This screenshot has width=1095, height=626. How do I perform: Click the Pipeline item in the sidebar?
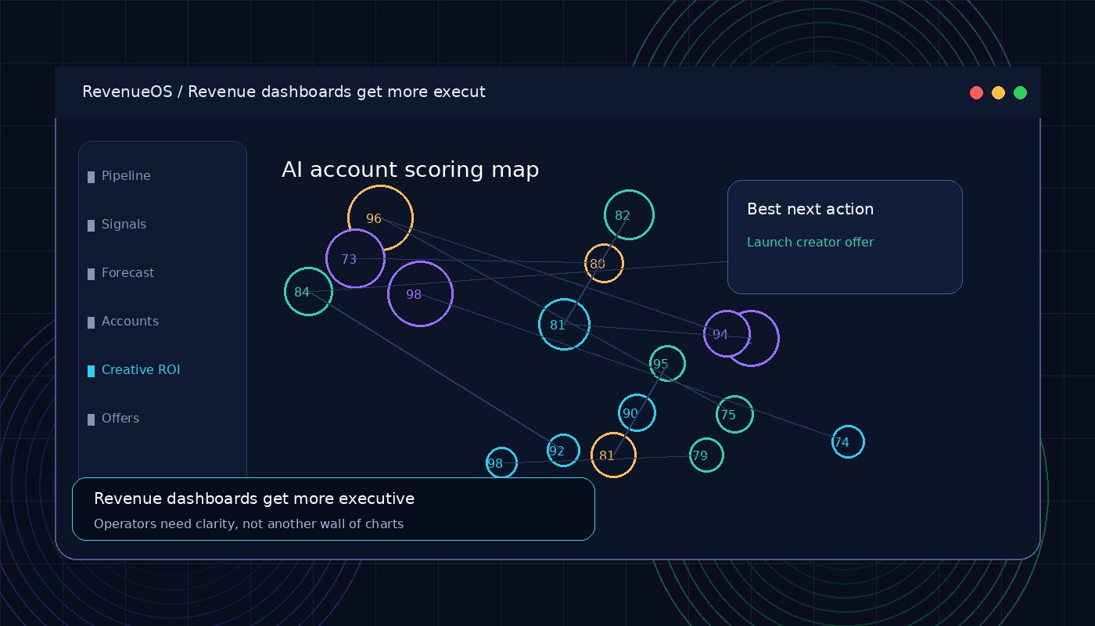tap(119, 176)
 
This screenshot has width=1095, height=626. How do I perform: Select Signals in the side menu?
tap(117, 225)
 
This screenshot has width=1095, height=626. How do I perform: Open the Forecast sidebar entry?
tap(120, 273)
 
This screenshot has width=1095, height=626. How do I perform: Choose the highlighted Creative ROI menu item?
tap(134, 370)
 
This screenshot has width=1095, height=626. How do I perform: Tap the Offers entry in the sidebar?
tap(113, 419)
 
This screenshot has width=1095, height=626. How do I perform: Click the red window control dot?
tap(976, 93)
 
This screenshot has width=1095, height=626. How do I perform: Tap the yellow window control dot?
tap(998, 93)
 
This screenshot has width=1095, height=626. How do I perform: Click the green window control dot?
tap(1020, 93)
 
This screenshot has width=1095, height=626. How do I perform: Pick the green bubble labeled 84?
tap(285, 291)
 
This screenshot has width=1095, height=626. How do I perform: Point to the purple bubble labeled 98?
tap(389, 294)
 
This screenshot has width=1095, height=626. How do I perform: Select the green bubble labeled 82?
tap(605, 214)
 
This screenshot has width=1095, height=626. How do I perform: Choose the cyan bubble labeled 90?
tap(619, 413)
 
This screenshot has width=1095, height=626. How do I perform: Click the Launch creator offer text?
tap(810, 242)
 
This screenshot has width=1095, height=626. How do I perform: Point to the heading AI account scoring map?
tap(410, 170)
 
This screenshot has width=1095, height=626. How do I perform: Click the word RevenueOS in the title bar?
tap(127, 92)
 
